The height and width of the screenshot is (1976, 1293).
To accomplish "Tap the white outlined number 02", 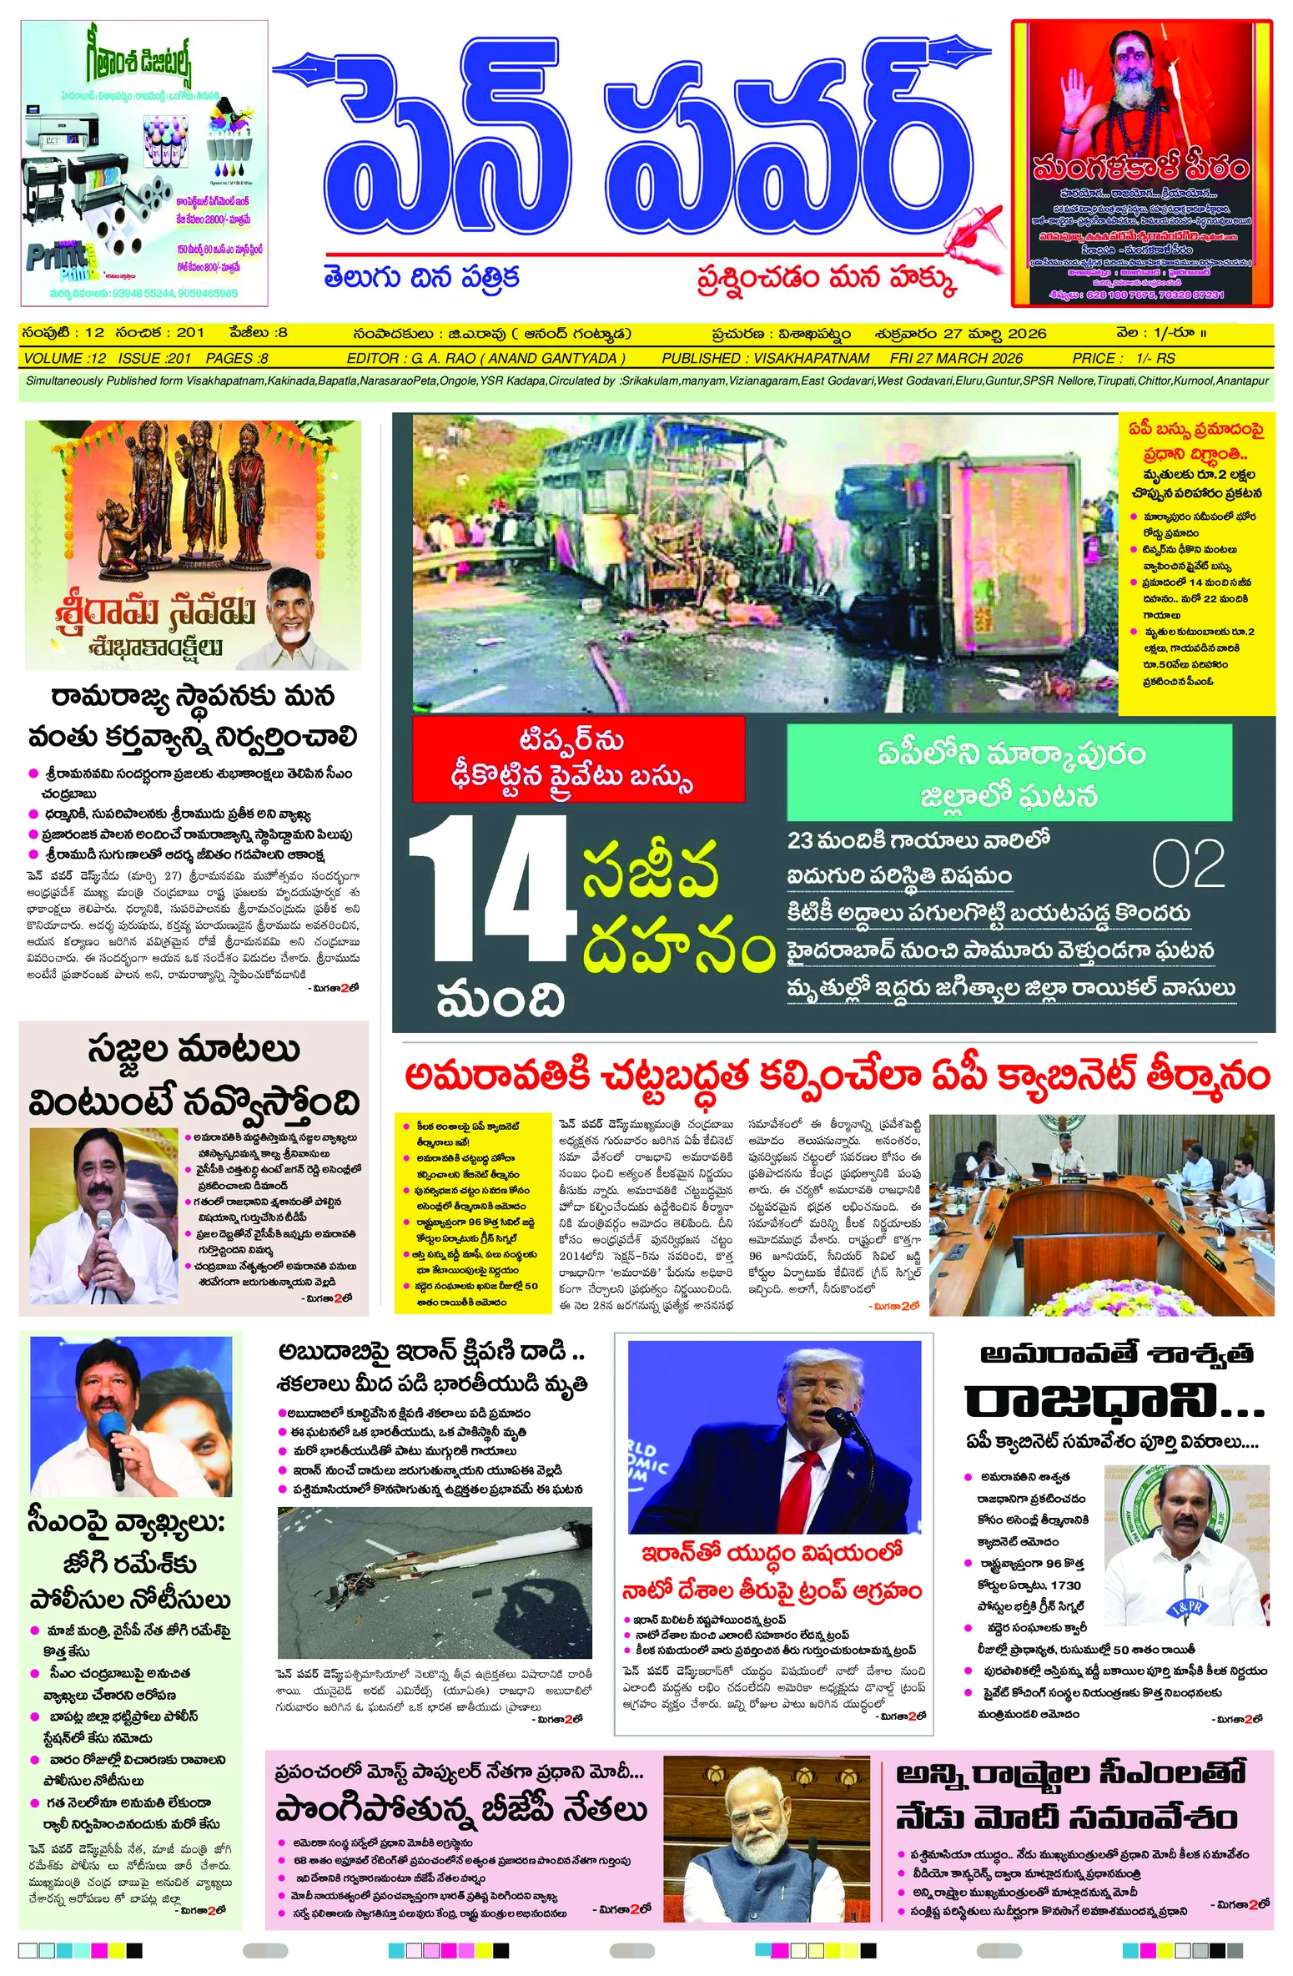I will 1187,864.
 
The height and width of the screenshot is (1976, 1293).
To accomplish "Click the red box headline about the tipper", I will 577,759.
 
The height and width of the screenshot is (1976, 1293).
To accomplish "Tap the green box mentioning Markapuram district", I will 1009,772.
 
